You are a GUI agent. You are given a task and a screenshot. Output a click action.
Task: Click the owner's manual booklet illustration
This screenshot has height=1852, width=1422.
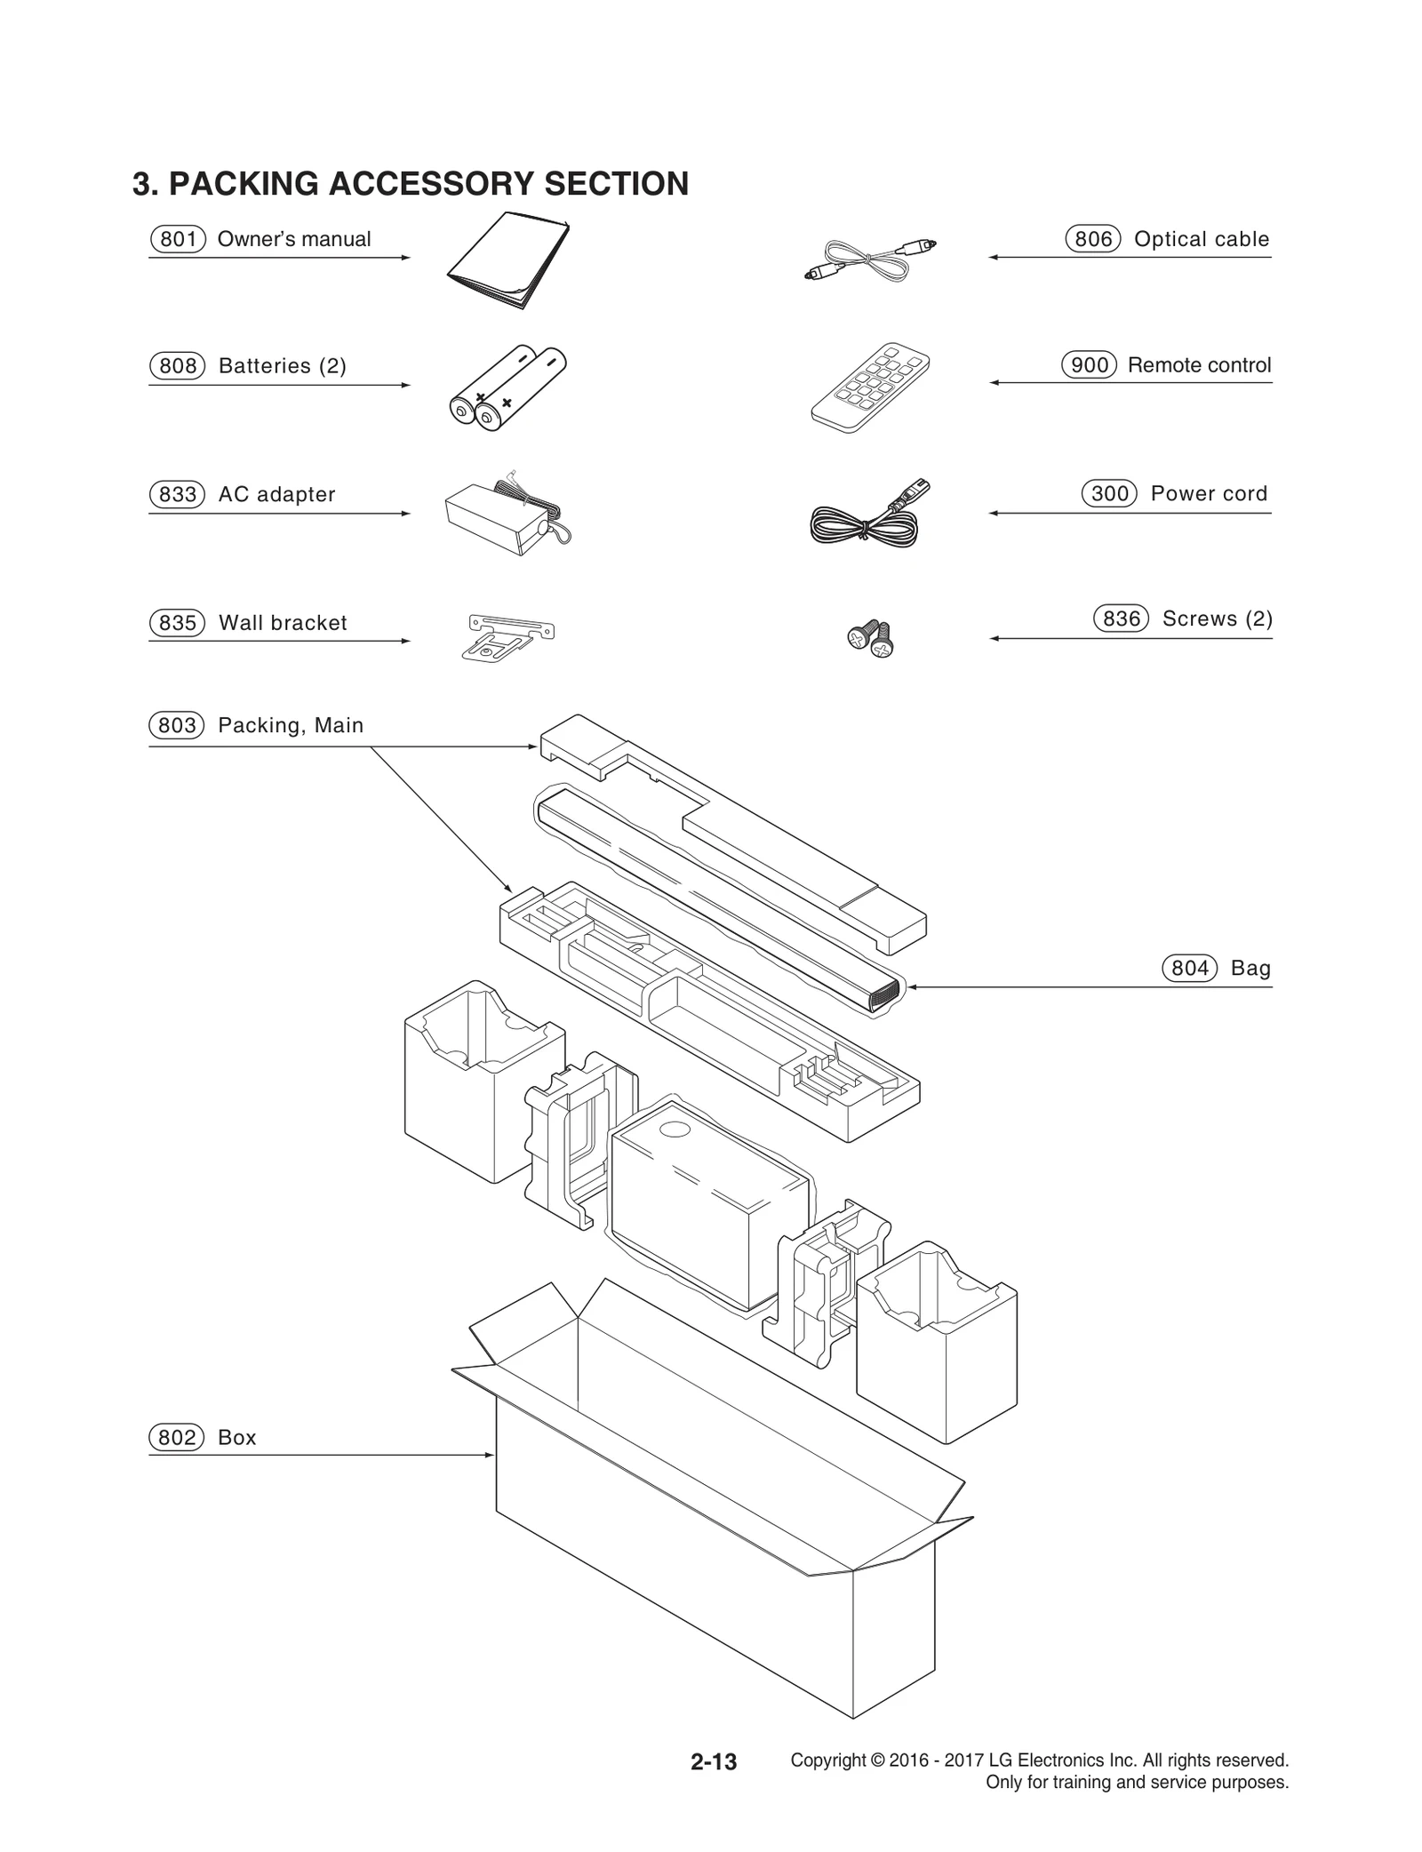pyautogui.click(x=508, y=259)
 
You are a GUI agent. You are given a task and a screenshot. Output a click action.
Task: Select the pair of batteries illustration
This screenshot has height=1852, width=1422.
pyautogui.click(x=507, y=388)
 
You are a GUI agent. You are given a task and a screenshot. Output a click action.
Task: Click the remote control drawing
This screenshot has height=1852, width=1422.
pyautogui.click(x=869, y=387)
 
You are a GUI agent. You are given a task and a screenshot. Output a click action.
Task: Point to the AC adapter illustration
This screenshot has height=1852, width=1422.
pyautogui.click(x=503, y=515)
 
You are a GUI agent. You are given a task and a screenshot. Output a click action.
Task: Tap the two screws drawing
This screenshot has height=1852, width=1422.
pyautogui.click(x=870, y=638)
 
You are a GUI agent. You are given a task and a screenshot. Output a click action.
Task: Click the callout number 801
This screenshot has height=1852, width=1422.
pyautogui.click(x=178, y=239)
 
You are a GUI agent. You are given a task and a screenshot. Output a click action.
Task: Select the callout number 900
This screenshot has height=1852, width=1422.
pyautogui.click(x=1090, y=365)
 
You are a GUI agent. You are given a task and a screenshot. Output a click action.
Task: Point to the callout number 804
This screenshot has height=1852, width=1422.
pyautogui.click(x=1190, y=968)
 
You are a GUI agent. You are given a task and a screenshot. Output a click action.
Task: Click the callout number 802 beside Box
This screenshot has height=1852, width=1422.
pyautogui.click(x=177, y=1437)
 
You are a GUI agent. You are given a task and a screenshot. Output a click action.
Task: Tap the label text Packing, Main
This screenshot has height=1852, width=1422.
pyautogui.click(x=291, y=725)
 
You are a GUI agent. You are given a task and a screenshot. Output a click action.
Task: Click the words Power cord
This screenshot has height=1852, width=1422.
pyautogui.click(x=1209, y=493)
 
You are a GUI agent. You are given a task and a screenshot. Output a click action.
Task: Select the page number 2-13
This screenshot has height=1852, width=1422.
pyautogui.click(x=714, y=1761)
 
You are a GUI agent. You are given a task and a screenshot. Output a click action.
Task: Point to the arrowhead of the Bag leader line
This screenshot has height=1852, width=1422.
pyautogui.click(x=912, y=986)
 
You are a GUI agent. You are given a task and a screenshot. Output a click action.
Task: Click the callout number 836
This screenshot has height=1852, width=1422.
pyautogui.click(x=1121, y=619)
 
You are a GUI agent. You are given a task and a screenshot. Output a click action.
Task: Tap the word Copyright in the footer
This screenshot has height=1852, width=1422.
pyautogui.click(x=827, y=1760)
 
